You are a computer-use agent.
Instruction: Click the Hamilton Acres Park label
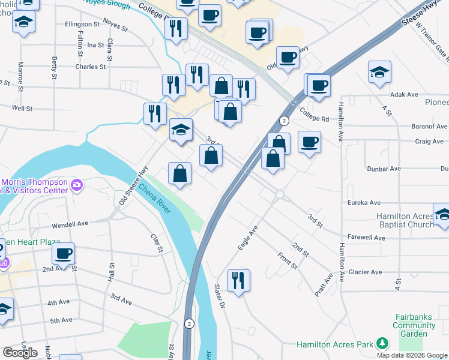(x=335, y=345)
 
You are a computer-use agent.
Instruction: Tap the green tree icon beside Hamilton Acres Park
(x=381, y=344)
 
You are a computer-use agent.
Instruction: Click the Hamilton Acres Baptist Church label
(x=405, y=220)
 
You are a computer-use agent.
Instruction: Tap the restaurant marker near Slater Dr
(x=238, y=281)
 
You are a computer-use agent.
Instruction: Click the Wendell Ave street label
(x=70, y=223)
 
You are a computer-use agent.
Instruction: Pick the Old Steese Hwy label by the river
(x=133, y=185)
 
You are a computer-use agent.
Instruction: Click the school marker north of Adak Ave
(x=379, y=73)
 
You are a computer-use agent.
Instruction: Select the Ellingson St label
(x=82, y=25)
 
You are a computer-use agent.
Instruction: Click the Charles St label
(x=90, y=67)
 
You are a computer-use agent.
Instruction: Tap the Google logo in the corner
(x=20, y=352)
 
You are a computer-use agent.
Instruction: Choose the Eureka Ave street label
(x=364, y=203)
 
